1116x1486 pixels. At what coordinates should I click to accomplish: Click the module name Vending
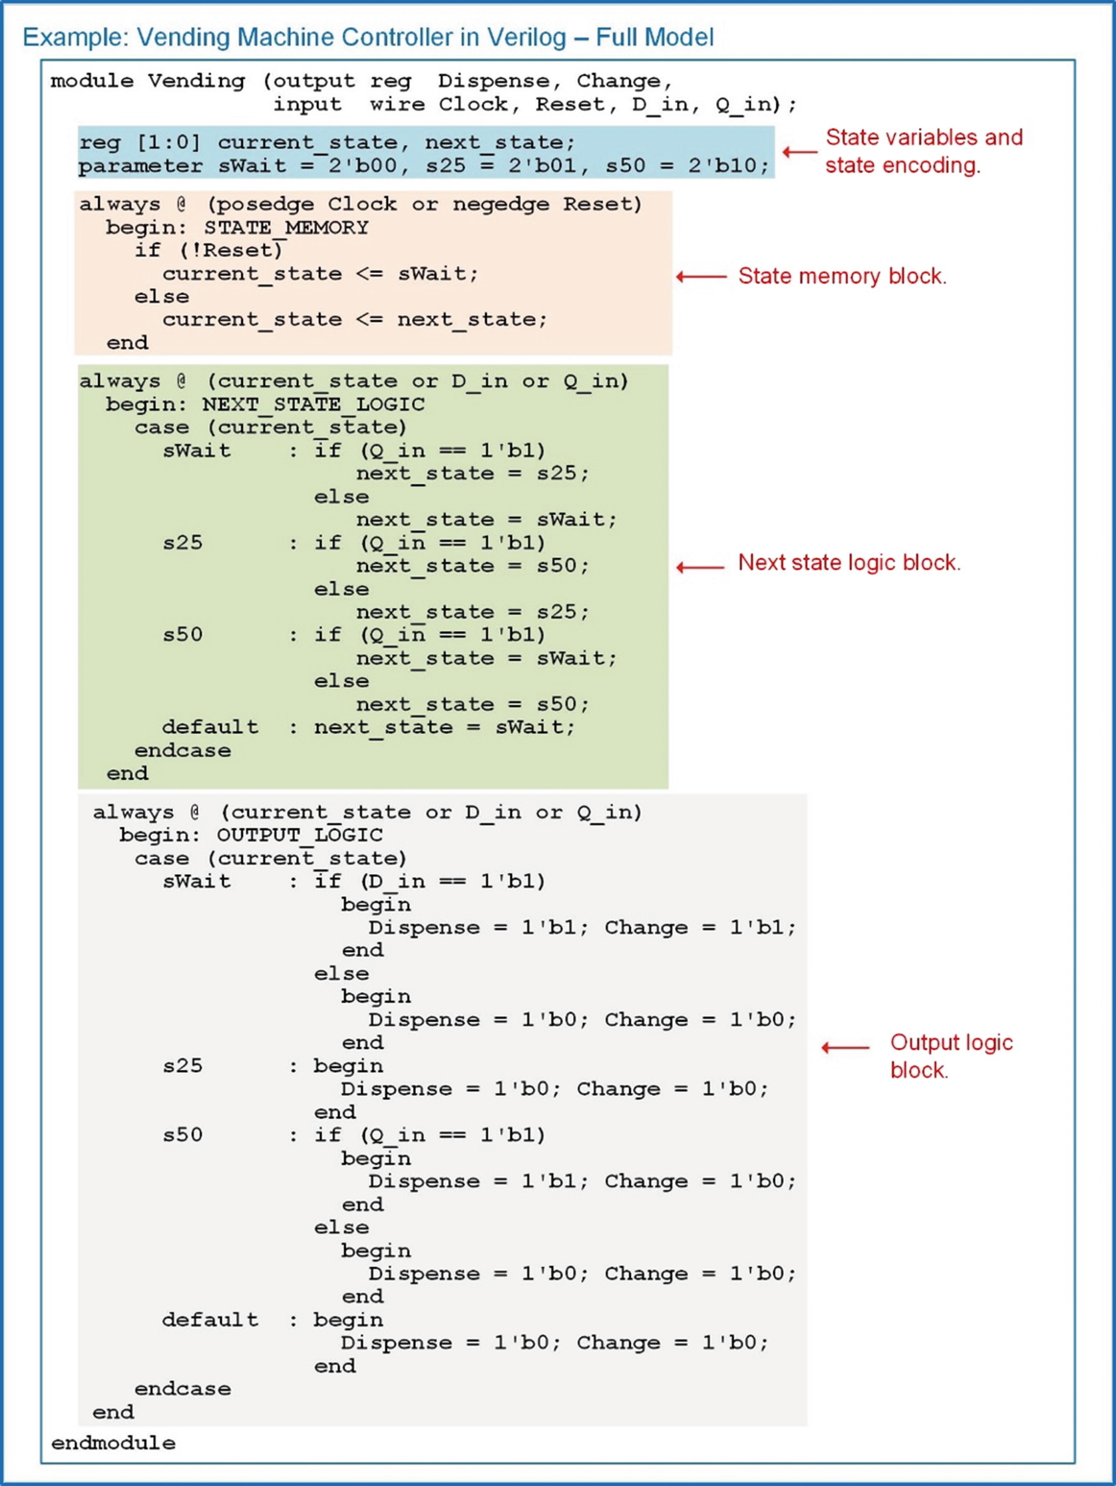pyautogui.click(x=196, y=81)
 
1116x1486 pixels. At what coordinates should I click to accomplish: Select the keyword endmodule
pyautogui.click(x=113, y=1443)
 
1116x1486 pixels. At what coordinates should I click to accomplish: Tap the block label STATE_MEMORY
pyautogui.click(x=286, y=228)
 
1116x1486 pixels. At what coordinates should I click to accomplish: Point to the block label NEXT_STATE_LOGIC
pyautogui.click(x=313, y=404)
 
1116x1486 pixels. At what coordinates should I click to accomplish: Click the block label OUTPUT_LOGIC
pyautogui.click(x=299, y=835)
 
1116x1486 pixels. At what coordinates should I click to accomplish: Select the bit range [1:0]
pyautogui.click(x=168, y=142)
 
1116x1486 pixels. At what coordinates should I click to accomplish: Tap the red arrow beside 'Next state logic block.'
pyautogui.click(x=700, y=568)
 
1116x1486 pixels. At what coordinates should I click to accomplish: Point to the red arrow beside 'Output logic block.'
pyautogui.click(x=845, y=1047)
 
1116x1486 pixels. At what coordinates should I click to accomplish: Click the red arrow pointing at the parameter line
pyautogui.click(x=800, y=152)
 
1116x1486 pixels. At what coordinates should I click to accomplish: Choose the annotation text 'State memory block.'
pyautogui.click(x=842, y=276)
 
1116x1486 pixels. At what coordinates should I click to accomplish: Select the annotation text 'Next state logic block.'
pyautogui.click(x=848, y=563)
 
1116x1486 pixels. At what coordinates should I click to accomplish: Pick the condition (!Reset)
pyautogui.click(x=230, y=250)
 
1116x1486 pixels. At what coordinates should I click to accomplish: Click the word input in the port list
pyautogui.click(x=307, y=105)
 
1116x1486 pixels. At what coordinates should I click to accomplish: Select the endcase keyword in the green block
pyautogui.click(x=182, y=750)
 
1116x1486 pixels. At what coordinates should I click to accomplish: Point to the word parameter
pyautogui.click(x=140, y=166)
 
